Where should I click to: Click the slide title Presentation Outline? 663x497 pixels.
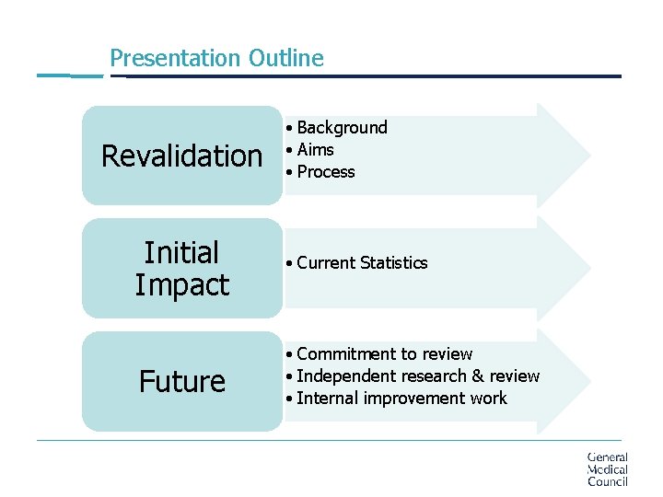(x=216, y=58)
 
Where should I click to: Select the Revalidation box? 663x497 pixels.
(x=181, y=156)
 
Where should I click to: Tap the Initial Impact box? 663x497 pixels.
(x=181, y=269)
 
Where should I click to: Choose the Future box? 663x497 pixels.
(x=181, y=381)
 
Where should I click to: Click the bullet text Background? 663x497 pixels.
(x=342, y=128)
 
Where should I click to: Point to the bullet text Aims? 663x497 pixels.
(x=315, y=150)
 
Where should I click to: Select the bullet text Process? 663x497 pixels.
(x=325, y=172)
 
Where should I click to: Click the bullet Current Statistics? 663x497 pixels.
(x=362, y=263)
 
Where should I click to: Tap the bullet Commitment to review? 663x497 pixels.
(x=384, y=354)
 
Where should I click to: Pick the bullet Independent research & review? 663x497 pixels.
(x=418, y=376)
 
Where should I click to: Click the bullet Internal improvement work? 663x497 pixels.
(x=401, y=399)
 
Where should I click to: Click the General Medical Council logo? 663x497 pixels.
(x=607, y=469)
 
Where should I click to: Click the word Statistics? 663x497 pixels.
(x=394, y=263)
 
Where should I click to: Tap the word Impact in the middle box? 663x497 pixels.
(x=181, y=285)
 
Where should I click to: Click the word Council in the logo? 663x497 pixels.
(x=607, y=481)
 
